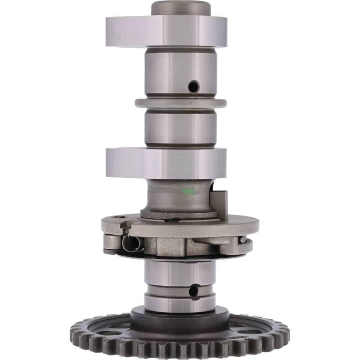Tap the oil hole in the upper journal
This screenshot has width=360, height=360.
pyautogui.click(x=193, y=86)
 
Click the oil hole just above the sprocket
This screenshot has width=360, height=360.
pyautogui.click(x=193, y=291)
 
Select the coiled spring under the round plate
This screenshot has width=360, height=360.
pyautogui.click(x=131, y=243)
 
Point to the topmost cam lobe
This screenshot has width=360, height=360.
pyautogui.click(x=166, y=31)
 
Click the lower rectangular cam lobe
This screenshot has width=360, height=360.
pyautogui.click(x=166, y=162)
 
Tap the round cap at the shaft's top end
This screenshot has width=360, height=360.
pyautogui.click(x=180, y=8)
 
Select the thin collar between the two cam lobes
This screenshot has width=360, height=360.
pyautogui.click(x=180, y=103)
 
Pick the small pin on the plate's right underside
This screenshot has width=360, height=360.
pyautogui.click(x=243, y=239)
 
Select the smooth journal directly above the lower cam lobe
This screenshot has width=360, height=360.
pyautogui.click(x=180, y=128)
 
